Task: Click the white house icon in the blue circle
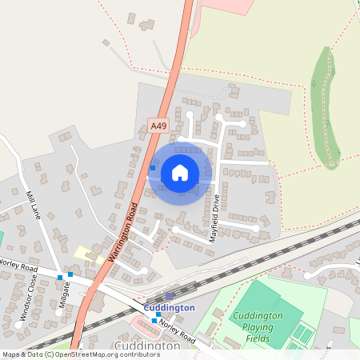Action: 180,172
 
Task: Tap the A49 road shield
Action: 158,126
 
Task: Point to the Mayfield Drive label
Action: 214,220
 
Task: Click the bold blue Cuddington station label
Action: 169,308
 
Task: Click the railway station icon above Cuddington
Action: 169,297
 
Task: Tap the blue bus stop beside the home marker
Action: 153,168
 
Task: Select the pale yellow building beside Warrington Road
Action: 83,253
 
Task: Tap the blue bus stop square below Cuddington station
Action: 154,320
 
